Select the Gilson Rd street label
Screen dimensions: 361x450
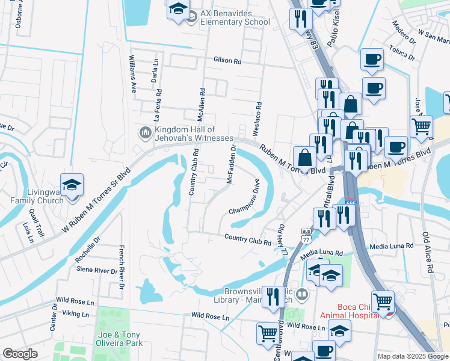click(x=227, y=61)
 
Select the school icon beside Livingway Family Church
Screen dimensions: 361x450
click(x=72, y=186)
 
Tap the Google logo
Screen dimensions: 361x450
click(x=20, y=354)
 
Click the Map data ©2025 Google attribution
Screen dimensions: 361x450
click(x=412, y=356)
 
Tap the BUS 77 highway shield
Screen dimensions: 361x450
click(x=306, y=236)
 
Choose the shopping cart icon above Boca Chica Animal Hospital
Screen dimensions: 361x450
click(x=383, y=301)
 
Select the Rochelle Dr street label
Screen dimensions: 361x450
click(x=88, y=250)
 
